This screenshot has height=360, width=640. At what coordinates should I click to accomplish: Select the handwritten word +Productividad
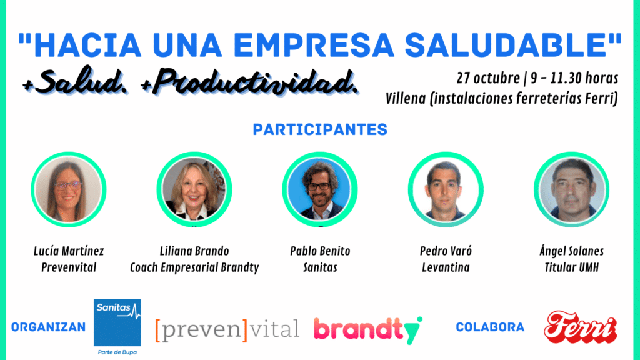pos(249,83)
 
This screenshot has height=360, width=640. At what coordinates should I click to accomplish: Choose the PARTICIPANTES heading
pos(320,129)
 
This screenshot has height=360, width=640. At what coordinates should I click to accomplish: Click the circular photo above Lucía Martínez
pos(69,189)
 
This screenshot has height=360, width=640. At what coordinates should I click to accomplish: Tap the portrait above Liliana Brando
pos(194,189)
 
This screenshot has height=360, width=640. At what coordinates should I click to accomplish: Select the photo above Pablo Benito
pos(320,189)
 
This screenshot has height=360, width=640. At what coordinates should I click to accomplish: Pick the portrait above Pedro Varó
pos(446,189)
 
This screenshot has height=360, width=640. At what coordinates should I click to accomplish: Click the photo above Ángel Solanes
pos(571,189)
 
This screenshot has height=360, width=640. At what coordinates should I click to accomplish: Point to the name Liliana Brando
pos(194,251)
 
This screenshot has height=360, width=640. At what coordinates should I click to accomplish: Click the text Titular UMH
pos(571,267)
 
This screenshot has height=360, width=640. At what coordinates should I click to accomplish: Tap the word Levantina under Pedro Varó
pos(446,267)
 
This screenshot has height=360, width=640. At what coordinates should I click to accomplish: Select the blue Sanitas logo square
pos(117,322)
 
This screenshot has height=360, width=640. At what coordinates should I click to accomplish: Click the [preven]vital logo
pos(227,330)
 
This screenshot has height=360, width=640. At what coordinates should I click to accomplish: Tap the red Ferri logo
pos(581,327)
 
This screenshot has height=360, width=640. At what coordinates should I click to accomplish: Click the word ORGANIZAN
pos(49,327)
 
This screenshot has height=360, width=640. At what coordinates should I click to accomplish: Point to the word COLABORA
pos(490,327)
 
